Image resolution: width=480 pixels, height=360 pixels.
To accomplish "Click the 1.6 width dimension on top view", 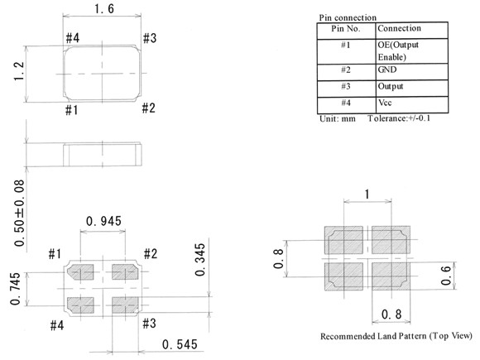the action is click(104, 8).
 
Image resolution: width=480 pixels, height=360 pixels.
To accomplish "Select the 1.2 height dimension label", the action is click(19, 71).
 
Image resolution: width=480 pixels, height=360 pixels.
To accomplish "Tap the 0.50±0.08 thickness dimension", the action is click(19, 213).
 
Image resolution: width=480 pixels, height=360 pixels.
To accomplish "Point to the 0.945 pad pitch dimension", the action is click(103, 221).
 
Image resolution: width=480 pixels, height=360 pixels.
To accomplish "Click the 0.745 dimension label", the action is click(15, 289).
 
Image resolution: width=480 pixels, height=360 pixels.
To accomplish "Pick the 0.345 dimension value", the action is click(200, 260).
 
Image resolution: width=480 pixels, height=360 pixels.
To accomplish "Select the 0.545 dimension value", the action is click(180, 345).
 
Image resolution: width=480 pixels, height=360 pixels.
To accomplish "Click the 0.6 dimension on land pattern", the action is click(446, 276).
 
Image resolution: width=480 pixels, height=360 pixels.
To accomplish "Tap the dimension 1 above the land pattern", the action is click(367, 194).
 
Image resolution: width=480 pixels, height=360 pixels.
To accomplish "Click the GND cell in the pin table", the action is click(387, 70).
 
